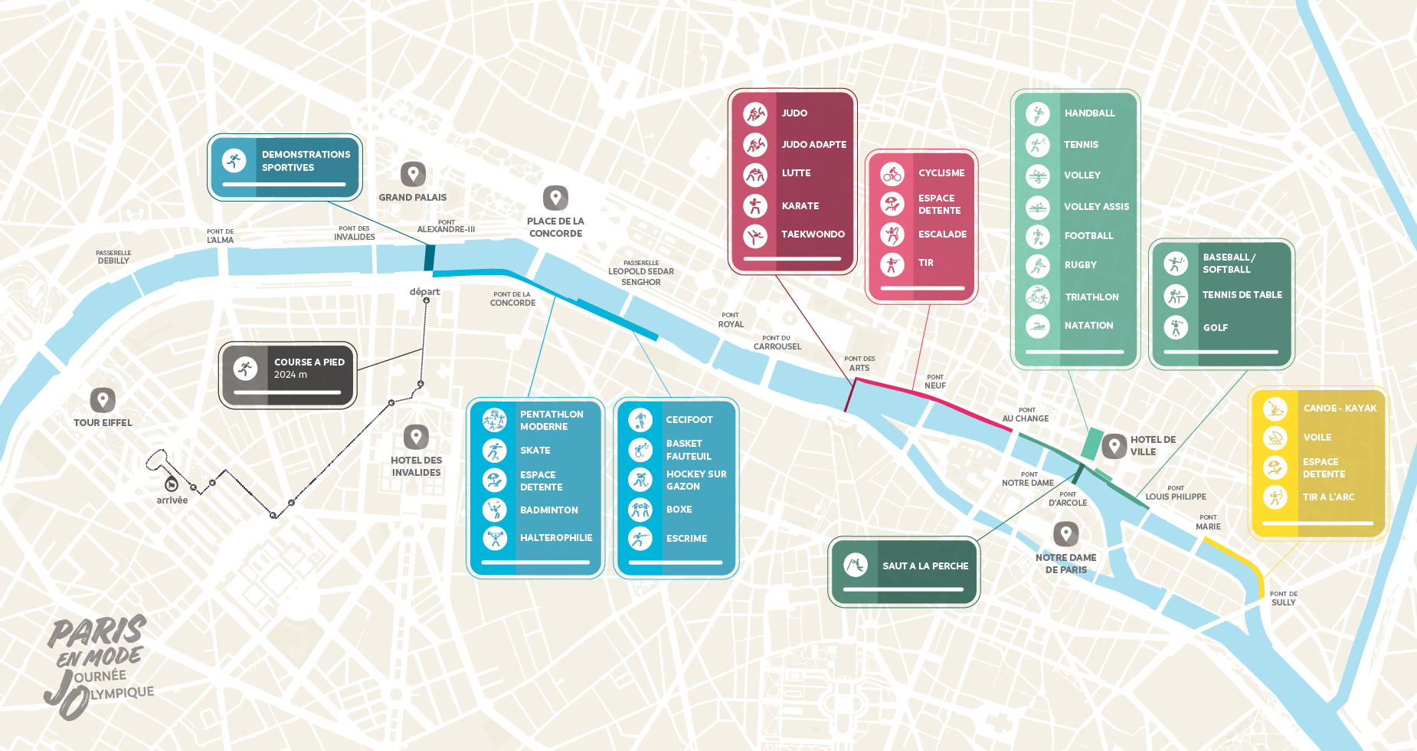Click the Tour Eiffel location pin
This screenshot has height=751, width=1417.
click(x=103, y=399)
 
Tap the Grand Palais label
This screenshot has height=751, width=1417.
click(x=412, y=197)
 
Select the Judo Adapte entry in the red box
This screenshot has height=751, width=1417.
click(x=813, y=144)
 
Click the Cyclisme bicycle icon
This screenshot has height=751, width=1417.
click(x=892, y=174)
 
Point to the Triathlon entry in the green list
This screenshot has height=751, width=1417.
click(x=1091, y=297)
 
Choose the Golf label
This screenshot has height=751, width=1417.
click(x=1215, y=327)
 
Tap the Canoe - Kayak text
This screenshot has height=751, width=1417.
click(x=1340, y=408)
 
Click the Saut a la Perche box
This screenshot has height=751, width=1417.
click(x=904, y=571)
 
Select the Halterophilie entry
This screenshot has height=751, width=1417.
click(x=555, y=538)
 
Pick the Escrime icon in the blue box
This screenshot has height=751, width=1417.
click(x=640, y=539)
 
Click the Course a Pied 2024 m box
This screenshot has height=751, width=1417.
click(x=288, y=375)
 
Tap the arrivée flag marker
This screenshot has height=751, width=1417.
click(x=172, y=484)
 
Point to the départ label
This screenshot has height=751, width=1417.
click(x=424, y=291)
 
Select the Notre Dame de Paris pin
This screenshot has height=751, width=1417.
click(x=1065, y=533)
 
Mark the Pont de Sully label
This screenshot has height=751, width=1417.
click(x=1283, y=599)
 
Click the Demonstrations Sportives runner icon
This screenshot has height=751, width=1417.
click(x=234, y=161)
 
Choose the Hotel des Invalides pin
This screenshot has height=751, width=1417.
click(x=416, y=437)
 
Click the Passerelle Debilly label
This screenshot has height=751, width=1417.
click(x=113, y=257)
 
